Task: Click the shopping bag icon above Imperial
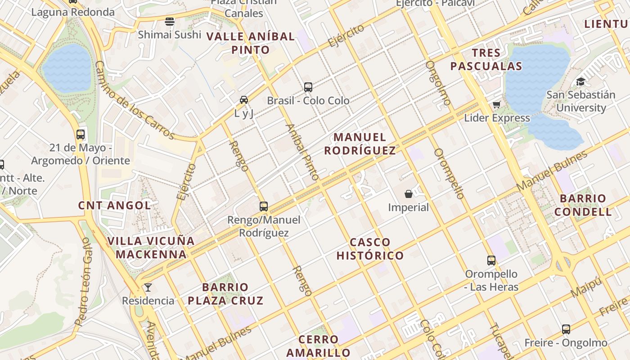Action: pos(408,194)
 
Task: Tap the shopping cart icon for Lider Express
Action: pos(496,105)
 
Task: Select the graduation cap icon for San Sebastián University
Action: pos(580,82)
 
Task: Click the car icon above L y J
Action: pos(243,99)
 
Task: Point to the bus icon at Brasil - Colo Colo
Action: pos(308,87)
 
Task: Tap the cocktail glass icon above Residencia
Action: pos(148,288)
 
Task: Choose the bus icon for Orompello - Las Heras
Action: pos(491,261)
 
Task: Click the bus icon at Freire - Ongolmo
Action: pos(566,329)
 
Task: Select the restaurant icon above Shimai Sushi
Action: pos(170,21)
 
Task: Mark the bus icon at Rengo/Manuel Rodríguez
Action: pos(264,207)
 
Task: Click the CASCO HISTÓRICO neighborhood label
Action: pos(370,249)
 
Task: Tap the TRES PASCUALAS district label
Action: pos(486,59)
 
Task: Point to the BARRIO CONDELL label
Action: pos(583,205)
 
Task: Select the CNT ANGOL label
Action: pos(114,205)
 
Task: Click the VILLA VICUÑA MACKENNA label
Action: pos(151,247)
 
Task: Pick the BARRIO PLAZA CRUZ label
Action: pos(225,293)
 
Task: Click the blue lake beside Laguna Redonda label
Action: pos(67,68)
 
